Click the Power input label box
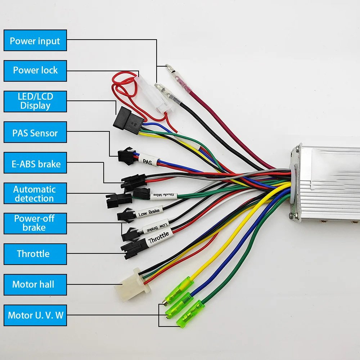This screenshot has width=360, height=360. pos(35,41)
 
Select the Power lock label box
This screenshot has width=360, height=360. pos(35,71)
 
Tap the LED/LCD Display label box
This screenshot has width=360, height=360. pos(35,101)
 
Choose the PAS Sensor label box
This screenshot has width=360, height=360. pos(35,133)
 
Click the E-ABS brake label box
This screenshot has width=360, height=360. pos(35,164)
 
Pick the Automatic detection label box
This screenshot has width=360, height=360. pos(35,194)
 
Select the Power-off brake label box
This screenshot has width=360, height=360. pos(35,223)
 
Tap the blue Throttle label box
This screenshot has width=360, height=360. pos(35,254)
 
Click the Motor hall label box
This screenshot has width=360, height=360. pos(35,284)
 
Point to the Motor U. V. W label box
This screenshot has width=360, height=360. pos(35,316)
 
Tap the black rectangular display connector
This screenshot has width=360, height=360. pos(128,120)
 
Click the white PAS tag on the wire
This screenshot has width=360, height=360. pos(147,161)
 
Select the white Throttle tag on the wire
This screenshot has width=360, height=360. pos(158,239)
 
